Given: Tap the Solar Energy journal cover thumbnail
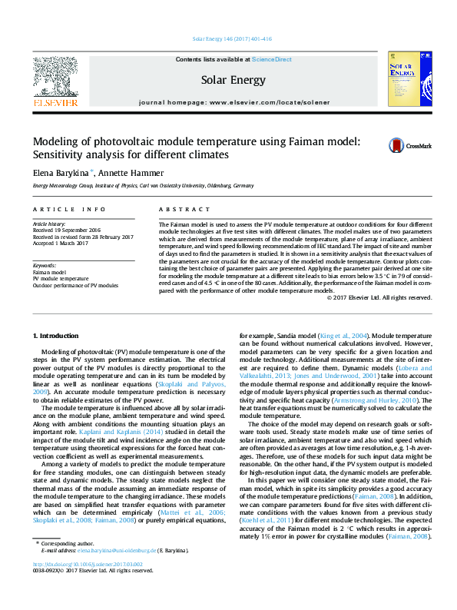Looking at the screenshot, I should click(406, 79).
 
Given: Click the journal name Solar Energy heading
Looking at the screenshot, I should click(228, 80).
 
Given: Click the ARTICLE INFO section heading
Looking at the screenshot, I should click(69, 210).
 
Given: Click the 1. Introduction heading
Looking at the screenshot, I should click(58, 336).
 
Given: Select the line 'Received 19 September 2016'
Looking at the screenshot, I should click(67, 230).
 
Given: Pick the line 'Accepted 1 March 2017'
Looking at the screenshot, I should click(61, 243).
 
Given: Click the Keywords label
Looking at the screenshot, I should click(46, 265).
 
